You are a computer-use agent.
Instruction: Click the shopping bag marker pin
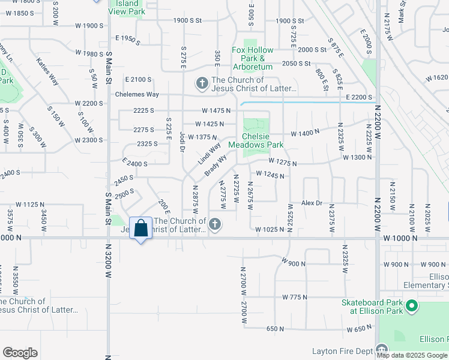click(x=140, y=229)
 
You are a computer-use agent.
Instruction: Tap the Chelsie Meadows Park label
click(x=262, y=140)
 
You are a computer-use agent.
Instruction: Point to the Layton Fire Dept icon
click(x=382, y=350)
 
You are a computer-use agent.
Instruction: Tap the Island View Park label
click(x=127, y=7)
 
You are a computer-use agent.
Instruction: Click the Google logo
click(x=20, y=352)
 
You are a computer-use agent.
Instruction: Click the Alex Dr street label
click(x=312, y=203)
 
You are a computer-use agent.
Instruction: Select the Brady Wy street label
click(x=215, y=166)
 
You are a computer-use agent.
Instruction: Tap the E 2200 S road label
click(x=358, y=97)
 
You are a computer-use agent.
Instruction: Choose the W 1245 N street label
click(x=270, y=175)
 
